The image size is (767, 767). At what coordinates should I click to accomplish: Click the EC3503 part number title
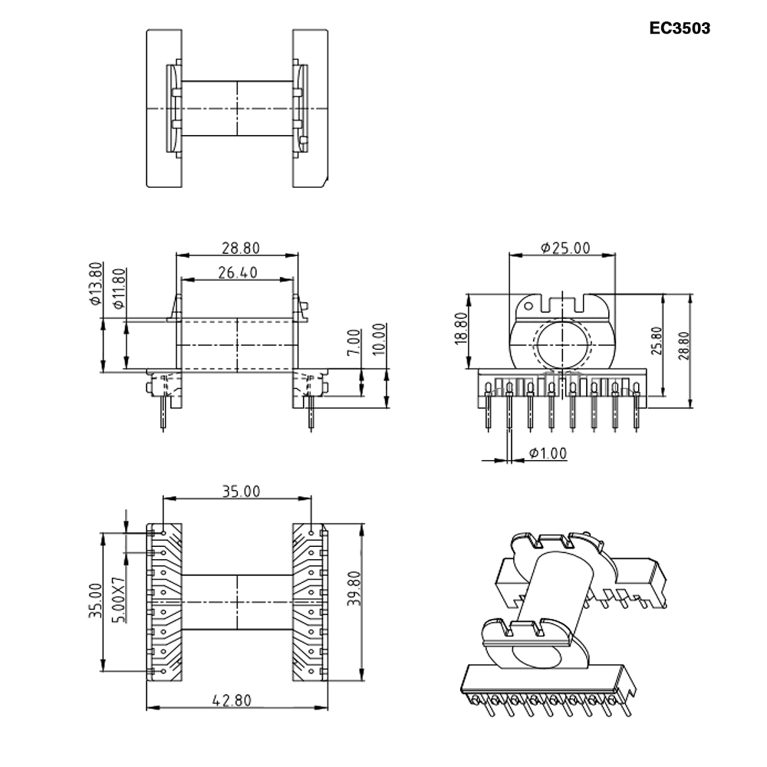679,28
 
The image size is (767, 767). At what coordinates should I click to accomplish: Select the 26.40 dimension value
237,272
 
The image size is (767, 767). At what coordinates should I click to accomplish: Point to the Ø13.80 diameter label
96,284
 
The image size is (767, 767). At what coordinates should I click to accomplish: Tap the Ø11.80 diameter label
119,288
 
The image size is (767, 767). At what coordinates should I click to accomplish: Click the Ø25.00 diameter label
565,248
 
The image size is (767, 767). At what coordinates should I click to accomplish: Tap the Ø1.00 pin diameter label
548,453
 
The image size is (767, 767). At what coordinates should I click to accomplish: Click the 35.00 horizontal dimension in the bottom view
241,492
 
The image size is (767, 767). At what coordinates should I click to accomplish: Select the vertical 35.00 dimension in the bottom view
95,601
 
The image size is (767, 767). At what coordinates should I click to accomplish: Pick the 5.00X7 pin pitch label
118,601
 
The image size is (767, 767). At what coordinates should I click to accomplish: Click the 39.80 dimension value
353,589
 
